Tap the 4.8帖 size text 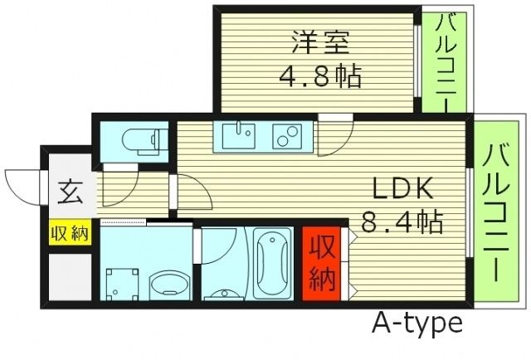click(319, 79)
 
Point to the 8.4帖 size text click(402, 222)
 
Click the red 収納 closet click(321, 262)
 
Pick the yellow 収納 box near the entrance click(68, 233)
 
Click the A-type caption click(417, 322)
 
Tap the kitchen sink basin click(241, 136)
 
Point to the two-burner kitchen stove click(287, 136)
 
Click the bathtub click(272, 264)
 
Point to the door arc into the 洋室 click(334, 133)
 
